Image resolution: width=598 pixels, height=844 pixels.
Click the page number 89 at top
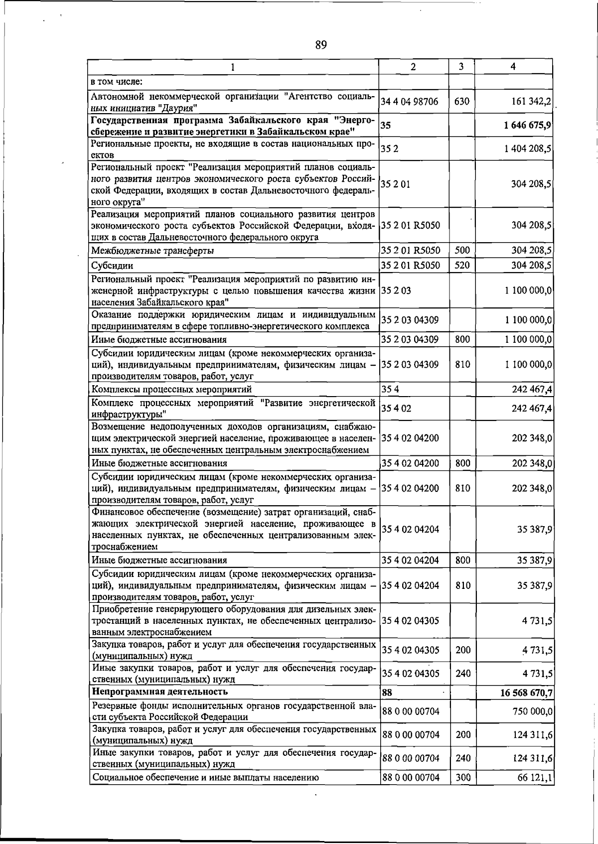[321, 45]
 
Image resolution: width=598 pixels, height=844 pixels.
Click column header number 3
[461, 67]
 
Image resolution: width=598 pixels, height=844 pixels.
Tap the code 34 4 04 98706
[410, 102]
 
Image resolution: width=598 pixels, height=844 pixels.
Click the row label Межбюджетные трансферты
[152, 251]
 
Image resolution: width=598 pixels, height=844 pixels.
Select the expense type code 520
[462, 266]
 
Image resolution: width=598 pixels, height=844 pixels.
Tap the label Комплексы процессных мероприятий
[171, 389]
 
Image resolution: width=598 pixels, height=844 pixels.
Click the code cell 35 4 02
[396, 409]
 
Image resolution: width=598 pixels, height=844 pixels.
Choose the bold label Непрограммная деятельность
[159, 692]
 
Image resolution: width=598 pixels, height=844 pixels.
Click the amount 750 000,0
[532, 711]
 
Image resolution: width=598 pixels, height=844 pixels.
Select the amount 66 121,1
[535, 777]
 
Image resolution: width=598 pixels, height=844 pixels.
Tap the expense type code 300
[463, 777]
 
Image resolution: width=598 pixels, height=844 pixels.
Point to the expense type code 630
[462, 102]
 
